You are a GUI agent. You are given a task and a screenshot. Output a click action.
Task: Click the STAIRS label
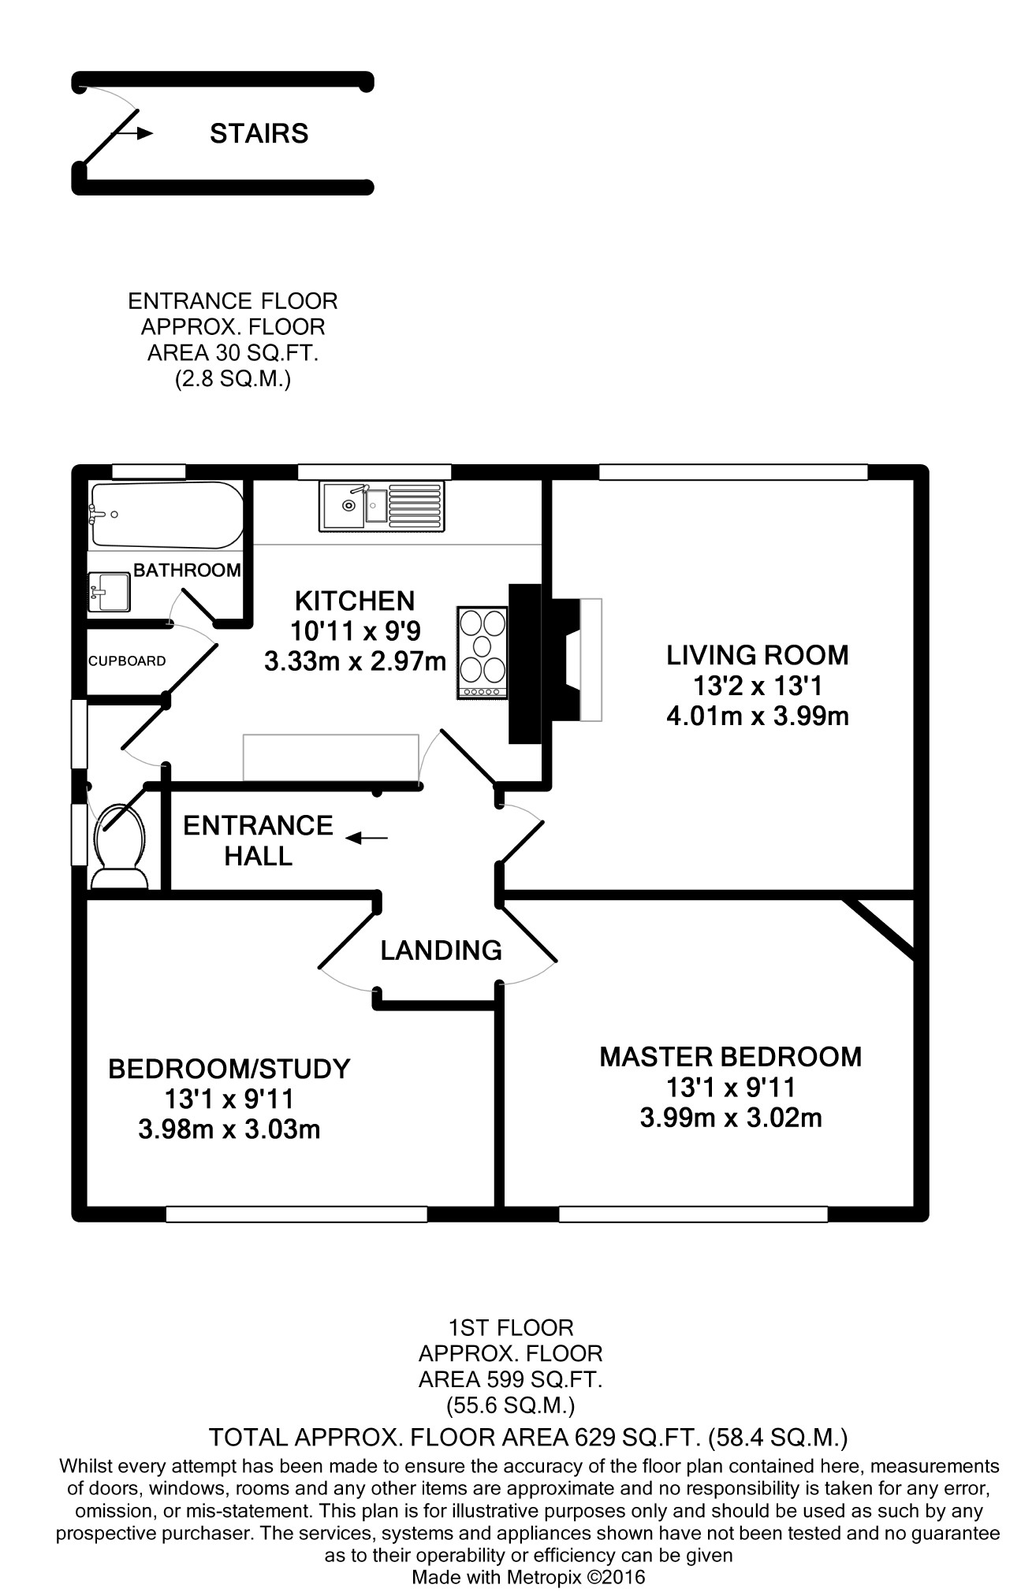click(259, 133)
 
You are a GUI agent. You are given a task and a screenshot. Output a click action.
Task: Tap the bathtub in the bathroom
click(167, 515)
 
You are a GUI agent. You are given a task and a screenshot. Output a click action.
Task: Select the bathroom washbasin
click(109, 592)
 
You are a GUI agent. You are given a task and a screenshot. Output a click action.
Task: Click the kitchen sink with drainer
click(382, 506)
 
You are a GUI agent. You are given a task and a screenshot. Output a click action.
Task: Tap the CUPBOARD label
click(127, 661)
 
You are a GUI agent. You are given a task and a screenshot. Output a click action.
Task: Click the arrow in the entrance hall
click(367, 838)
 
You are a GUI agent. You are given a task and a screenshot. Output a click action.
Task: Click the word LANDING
click(441, 951)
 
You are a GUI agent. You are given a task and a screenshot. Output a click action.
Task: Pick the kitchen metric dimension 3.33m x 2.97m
click(356, 660)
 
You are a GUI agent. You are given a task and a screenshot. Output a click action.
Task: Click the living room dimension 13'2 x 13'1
click(758, 686)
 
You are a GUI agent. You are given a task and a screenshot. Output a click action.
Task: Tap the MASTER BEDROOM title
click(731, 1057)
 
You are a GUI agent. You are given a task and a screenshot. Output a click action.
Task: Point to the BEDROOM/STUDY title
click(229, 1069)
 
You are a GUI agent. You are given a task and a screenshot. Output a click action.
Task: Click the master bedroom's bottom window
click(693, 1215)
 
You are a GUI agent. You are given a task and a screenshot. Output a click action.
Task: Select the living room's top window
click(733, 472)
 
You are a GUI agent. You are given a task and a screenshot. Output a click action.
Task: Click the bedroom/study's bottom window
click(296, 1215)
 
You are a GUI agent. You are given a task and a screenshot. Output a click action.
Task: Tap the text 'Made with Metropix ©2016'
click(528, 1577)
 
